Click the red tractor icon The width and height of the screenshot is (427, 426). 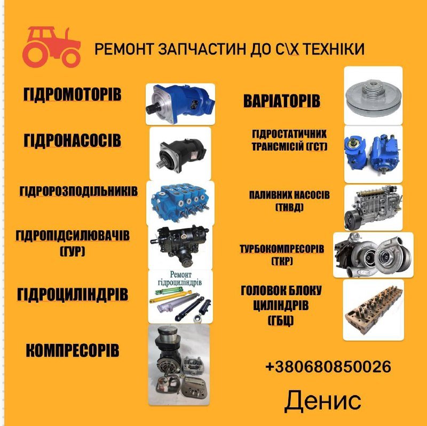pyautogui.click(x=51, y=47)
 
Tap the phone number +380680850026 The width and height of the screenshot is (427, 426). pyautogui.click(x=328, y=366)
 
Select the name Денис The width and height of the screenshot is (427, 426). pyautogui.click(x=323, y=401)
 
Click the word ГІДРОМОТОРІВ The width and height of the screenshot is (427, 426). pyautogui.click(x=72, y=94)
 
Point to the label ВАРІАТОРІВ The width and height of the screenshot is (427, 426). pyautogui.click(x=282, y=101)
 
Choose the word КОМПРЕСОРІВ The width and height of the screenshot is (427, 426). pyautogui.click(x=73, y=350)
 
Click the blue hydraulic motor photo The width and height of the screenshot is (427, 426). pyautogui.click(x=180, y=104)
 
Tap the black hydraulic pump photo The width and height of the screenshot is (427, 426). pyautogui.click(x=180, y=154)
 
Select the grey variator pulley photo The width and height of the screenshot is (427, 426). pyautogui.click(x=373, y=96)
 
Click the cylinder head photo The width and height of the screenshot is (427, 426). pyautogui.click(x=373, y=310)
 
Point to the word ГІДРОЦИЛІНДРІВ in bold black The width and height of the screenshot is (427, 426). pyautogui.click(x=73, y=295)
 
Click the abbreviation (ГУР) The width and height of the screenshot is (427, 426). pyautogui.click(x=73, y=251)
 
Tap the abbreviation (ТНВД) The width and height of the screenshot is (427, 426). pyautogui.click(x=289, y=208)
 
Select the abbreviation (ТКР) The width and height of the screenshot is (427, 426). pyautogui.click(x=282, y=261)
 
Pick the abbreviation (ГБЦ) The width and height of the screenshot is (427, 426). pyautogui.click(x=281, y=320)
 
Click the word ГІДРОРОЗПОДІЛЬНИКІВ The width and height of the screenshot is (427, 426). pyautogui.click(x=78, y=191)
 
